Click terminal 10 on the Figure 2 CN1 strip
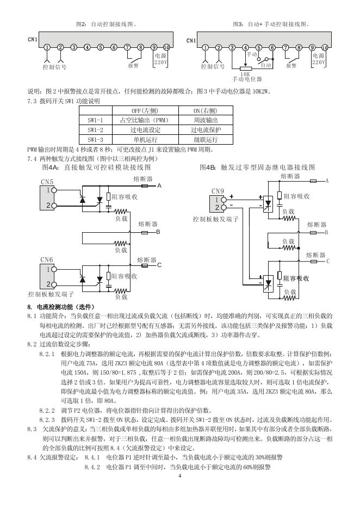166,47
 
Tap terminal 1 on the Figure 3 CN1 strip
206,47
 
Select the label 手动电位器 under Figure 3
246,79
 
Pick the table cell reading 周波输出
206,120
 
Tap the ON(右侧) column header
206,110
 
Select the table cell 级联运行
206,140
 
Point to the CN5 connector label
47,182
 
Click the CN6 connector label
47,260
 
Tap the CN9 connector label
218,191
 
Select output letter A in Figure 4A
159,186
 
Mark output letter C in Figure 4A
159,265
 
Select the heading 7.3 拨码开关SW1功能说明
64,101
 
